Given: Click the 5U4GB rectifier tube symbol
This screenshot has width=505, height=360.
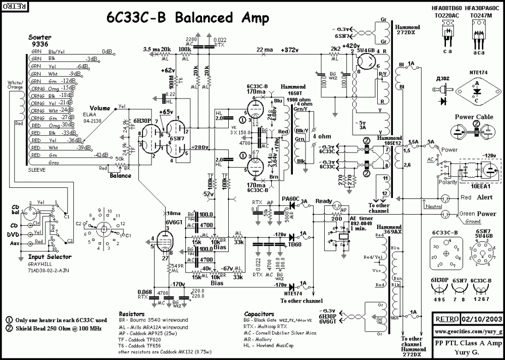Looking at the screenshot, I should pyautogui.click(x=366, y=63).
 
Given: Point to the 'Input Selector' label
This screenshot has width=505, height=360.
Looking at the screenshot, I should pyautogui.click(x=42, y=257).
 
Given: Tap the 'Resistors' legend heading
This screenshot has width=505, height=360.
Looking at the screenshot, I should pyautogui.click(x=131, y=314).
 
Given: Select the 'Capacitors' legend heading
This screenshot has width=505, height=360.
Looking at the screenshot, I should pyautogui.click(x=259, y=314).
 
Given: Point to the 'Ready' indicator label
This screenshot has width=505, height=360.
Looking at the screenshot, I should pyautogui.click(x=324, y=200).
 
